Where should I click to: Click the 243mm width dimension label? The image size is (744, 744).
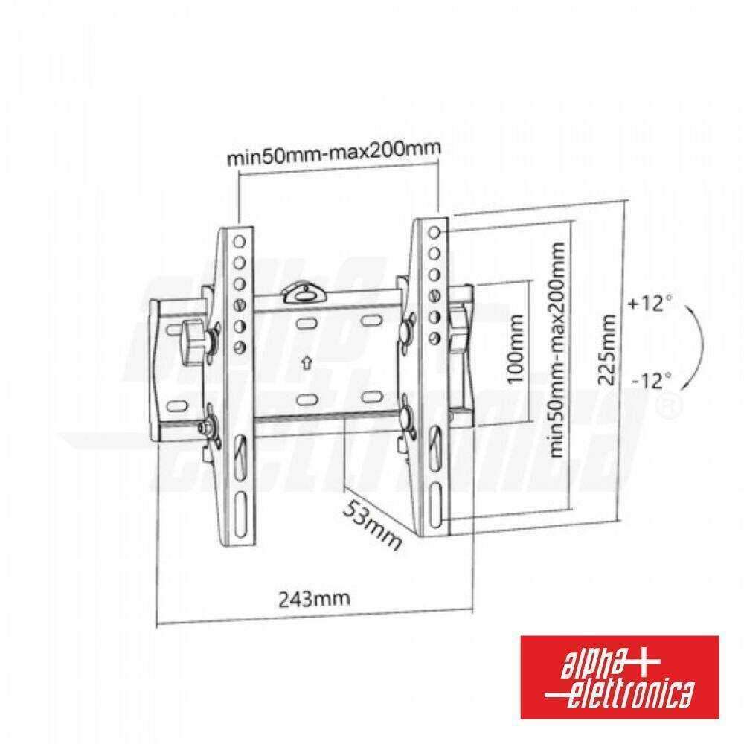314,598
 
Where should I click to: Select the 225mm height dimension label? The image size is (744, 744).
607,350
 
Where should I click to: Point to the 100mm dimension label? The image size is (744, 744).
515,349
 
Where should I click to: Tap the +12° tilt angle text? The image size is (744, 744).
650,303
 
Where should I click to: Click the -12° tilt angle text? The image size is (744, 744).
652,380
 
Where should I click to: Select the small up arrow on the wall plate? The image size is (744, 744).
307,363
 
